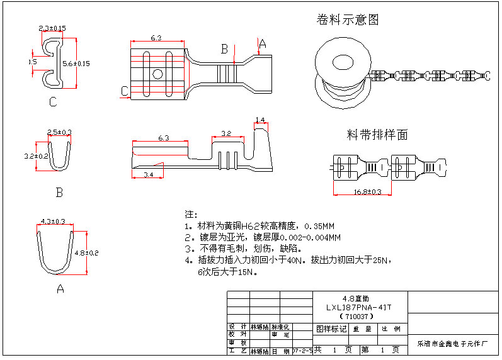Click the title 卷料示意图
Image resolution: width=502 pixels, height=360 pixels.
(x=348, y=20)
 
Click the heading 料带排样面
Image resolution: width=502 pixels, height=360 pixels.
(x=377, y=135)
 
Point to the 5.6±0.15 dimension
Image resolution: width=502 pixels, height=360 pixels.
(x=77, y=63)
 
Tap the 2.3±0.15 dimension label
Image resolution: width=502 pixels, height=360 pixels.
(x=52, y=28)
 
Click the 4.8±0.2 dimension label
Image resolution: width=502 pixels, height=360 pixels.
(x=87, y=252)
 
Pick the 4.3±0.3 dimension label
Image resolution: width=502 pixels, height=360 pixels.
(x=54, y=221)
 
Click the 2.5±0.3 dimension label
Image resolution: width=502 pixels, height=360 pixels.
(x=60, y=132)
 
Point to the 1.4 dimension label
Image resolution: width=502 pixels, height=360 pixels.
(x=260, y=120)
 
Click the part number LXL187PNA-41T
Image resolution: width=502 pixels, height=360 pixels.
(x=359, y=307)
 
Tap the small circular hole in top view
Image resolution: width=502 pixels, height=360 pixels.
(x=157, y=74)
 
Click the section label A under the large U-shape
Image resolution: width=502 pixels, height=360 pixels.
(x=60, y=289)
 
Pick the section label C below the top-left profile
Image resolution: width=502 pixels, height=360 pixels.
(x=53, y=102)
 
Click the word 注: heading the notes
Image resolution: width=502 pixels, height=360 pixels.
(x=191, y=214)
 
